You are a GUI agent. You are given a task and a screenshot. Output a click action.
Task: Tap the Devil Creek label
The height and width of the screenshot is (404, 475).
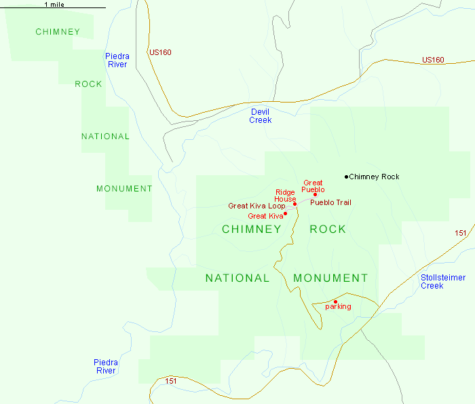click(260, 115)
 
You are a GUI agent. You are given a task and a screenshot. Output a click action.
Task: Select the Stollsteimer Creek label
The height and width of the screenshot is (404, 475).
click(441, 281)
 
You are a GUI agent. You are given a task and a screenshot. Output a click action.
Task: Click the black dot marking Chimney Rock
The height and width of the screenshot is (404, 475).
click(346, 177)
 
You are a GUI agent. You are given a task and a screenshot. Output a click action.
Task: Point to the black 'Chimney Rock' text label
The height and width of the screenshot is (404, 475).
click(374, 177)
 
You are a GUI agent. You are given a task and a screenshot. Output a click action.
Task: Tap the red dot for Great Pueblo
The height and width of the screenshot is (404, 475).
click(315, 195)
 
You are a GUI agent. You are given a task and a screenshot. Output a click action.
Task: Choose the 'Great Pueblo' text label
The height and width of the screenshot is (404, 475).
click(313, 186)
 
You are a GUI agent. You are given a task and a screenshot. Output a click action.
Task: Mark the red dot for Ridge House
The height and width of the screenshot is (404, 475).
click(294, 204)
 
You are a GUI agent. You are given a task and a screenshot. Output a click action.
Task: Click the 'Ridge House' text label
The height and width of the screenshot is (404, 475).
click(285, 196)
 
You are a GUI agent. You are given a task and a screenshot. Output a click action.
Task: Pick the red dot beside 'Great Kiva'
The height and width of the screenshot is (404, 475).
click(285, 214)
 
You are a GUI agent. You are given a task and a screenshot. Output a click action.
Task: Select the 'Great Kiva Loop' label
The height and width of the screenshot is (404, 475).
click(256, 206)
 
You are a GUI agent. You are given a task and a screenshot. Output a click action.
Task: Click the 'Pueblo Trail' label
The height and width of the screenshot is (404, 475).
click(330, 202)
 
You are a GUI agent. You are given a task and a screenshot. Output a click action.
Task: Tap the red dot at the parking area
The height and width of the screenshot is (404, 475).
click(335, 301)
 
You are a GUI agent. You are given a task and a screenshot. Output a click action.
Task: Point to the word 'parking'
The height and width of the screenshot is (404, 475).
click(338, 307)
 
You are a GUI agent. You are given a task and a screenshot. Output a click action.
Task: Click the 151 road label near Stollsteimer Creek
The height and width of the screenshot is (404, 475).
click(461, 233)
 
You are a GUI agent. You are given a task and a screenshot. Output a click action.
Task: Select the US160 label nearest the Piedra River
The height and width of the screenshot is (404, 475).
click(159, 52)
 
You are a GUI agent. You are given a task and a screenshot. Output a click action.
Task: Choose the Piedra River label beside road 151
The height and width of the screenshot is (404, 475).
click(105, 367)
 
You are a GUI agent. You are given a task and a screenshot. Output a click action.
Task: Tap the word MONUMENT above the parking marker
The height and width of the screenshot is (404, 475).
click(330, 278)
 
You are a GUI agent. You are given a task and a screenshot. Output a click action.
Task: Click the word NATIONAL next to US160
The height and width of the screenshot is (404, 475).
click(105, 136)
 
